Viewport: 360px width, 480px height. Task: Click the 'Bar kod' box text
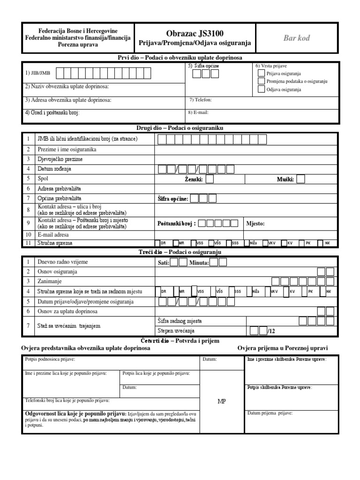coord(296,38)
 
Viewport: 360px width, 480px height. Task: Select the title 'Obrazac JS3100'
coord(195,33)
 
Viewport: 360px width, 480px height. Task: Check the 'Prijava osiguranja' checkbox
coord(261,74)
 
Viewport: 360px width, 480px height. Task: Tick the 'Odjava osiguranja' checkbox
coord(261,90)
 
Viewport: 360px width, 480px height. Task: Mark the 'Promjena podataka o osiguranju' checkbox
coord(261,82)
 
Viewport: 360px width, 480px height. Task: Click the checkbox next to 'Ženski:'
coord(210,179)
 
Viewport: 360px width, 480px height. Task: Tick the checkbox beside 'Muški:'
coord(300,179)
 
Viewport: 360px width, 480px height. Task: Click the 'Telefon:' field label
coord(201,100)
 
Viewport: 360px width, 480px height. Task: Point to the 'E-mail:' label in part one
coord(198,112)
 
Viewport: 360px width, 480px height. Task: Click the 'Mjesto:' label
coord(255,224)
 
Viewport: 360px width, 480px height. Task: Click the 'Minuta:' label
coord(199,263)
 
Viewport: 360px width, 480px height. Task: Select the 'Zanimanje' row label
coord(51,281)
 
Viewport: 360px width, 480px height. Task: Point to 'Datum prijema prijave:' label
coord(270,413)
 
